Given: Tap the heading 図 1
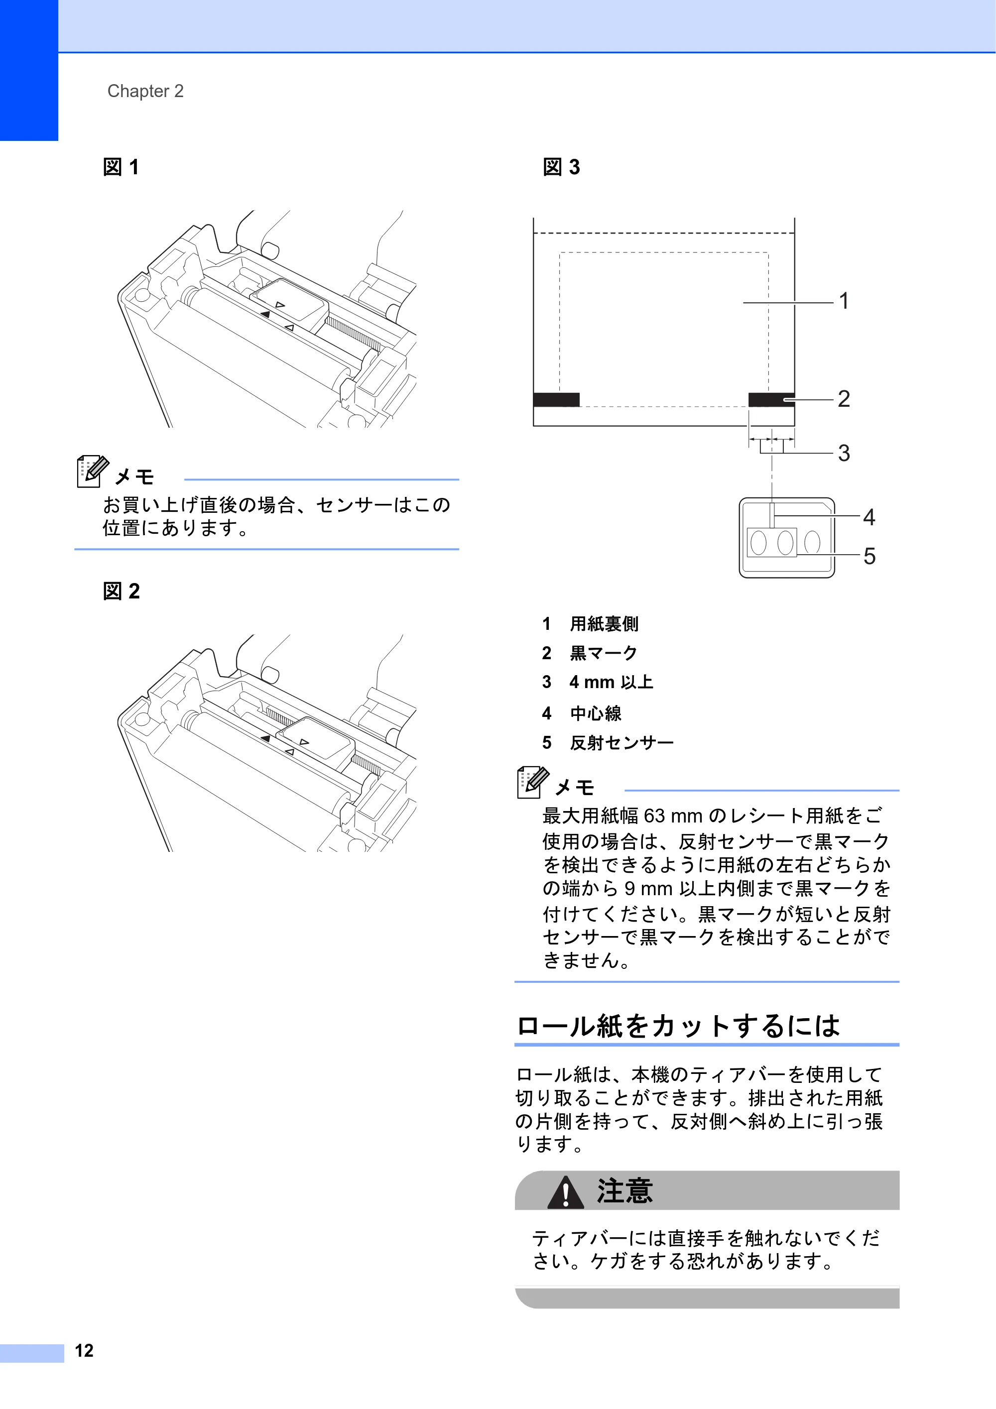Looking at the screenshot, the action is click(x=121, y=167).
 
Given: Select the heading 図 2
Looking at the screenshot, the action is click(x=121, y=591).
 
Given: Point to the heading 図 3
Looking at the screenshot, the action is click(x=561, y=167).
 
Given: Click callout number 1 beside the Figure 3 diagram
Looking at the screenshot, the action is click(x=844, y=301).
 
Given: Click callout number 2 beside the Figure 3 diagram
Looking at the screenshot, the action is click(x=844, y=399).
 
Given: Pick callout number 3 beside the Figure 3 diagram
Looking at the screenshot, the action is click(x=844, y=453).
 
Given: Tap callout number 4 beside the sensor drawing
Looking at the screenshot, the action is click(x=869, y=517).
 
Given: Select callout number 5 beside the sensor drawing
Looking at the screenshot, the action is click(x=869, y=556).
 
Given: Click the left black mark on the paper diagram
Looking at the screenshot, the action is click(x=556, y=399).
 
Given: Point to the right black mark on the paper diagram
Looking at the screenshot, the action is click(x=771, y=399).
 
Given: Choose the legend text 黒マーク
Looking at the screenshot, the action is click(x=603, y=653).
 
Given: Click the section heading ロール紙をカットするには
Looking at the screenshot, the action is click(x=678, y=1026).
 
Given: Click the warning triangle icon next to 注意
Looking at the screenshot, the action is click(x=565, y=1192).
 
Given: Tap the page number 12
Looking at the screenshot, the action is click(x=84, y=1351).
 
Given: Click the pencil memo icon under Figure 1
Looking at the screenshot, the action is click(x=93, y=471).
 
